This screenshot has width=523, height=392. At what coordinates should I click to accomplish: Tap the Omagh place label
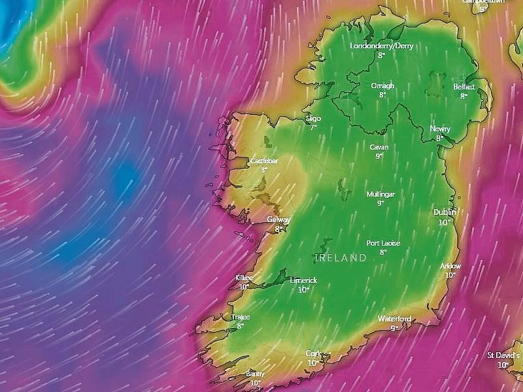coord(382,86)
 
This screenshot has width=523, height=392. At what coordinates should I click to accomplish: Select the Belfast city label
coord(464,86)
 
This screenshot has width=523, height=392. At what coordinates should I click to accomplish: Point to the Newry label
coord(440,129)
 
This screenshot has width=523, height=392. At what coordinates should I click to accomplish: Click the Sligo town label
coord(313,118)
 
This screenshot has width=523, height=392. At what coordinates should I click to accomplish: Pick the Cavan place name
coord(379,147)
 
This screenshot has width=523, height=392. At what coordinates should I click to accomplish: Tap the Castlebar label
coord(263,161)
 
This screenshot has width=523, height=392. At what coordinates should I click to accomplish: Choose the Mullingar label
coord(380,194)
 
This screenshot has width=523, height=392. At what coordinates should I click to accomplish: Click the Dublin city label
coord(445,212)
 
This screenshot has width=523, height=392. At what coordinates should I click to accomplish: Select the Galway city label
coord(279,220)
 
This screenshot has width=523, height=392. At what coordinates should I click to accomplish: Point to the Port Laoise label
coord(383,243)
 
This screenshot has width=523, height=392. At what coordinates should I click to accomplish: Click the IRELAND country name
coord(341,258)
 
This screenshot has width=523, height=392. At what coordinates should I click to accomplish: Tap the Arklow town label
coord(450,266)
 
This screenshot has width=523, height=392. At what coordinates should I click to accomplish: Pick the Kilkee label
coord(244,278)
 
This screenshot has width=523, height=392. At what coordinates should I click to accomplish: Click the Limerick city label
coord(303,280)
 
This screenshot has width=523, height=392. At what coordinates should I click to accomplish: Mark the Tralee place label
coord(241,317)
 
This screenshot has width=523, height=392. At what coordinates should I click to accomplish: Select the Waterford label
coord(394,319)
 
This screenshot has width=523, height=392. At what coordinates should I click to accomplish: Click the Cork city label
coord(313,353)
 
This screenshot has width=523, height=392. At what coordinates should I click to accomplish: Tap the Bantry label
coord(255,374)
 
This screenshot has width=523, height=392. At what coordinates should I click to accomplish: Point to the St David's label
coord(503,355)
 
